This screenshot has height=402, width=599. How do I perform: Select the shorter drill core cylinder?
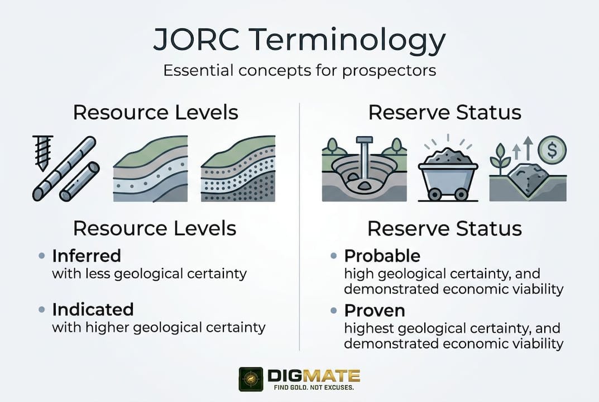tap(79, 181)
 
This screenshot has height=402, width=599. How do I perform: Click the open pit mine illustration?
tap(364, 170)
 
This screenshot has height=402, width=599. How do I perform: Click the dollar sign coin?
tap(553, 150)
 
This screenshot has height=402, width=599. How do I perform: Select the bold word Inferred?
tap(87, 256)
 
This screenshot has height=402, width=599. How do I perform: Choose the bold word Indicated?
tap(93, 309)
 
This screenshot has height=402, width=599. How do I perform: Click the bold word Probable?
tap(382, 256)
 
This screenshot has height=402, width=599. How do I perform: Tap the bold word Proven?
tap(375, 310)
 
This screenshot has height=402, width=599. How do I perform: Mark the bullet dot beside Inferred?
tap(42, 256)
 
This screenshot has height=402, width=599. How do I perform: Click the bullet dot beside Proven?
tap(334, 310)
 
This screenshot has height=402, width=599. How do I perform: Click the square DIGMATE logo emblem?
tap(251, 379)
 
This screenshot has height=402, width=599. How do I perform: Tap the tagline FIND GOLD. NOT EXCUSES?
tap(313, 387)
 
